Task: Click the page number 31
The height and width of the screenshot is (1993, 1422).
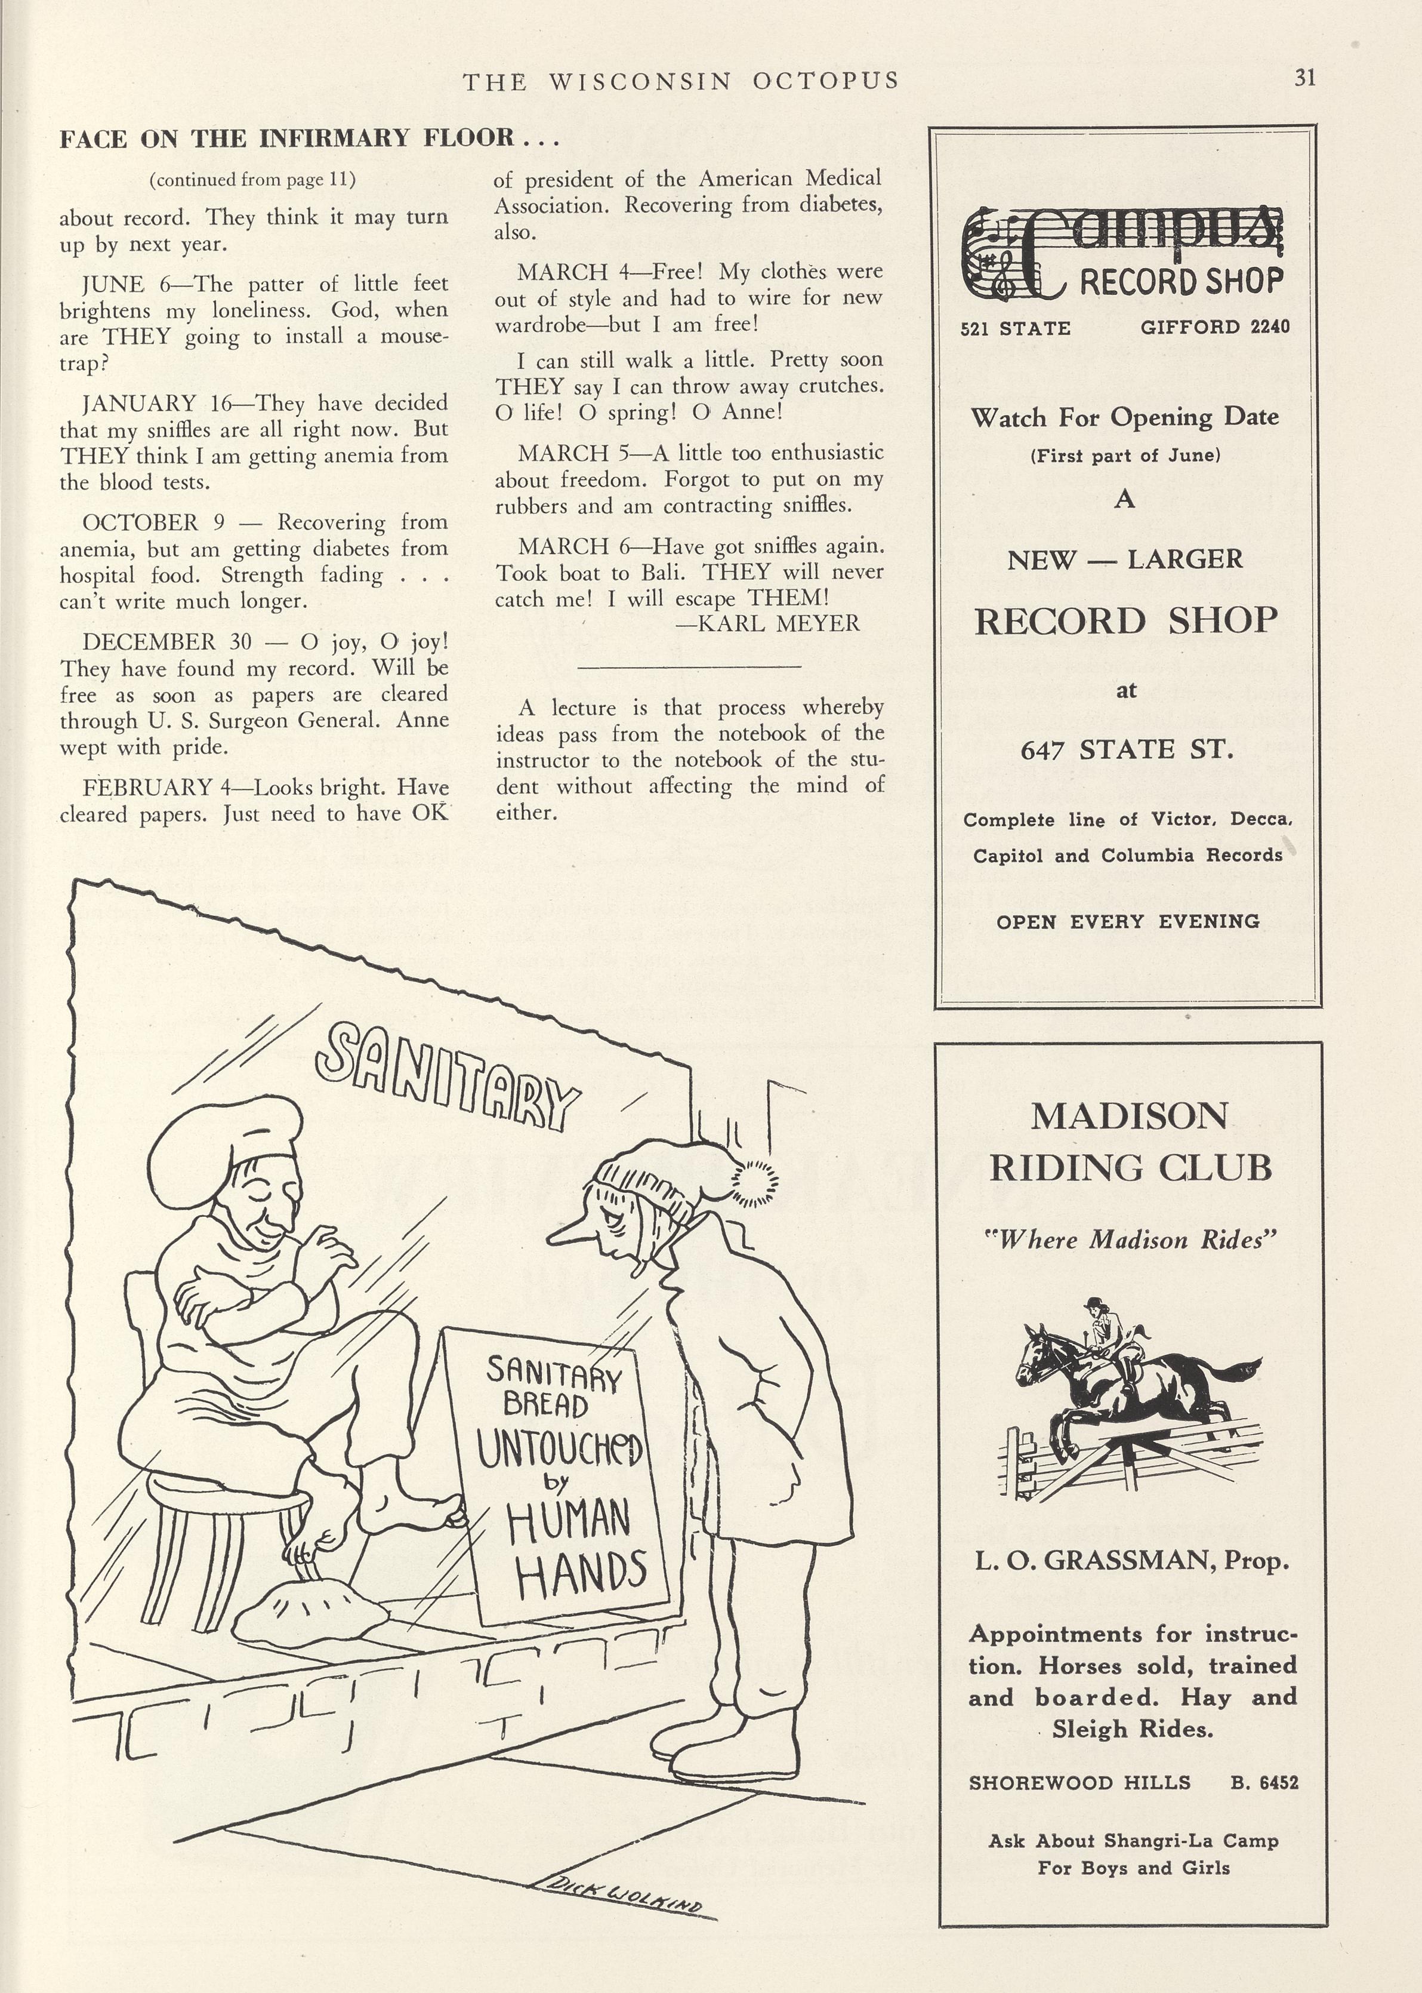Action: (x=1304, y=78)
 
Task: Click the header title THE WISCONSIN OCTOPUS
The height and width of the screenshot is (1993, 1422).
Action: (x=680, y=81)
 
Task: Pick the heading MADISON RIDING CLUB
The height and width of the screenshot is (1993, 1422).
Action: (x=1130, y=1142)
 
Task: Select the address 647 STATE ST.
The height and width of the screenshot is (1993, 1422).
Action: (x=1127, y=750)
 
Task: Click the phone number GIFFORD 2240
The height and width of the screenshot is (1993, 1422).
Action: (x=1214, y=327)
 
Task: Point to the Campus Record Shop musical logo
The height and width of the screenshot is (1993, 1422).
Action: (x=1124, y=253)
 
